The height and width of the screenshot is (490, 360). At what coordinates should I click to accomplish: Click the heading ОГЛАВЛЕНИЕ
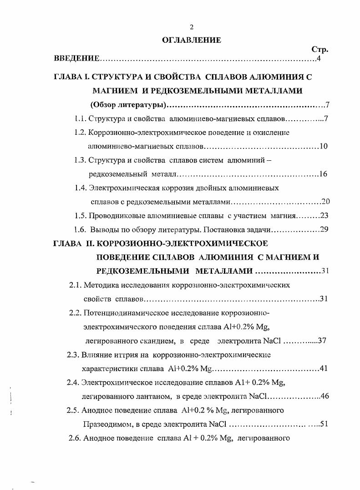coord(192,40)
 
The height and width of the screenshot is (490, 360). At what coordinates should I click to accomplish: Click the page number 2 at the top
coord(192,27)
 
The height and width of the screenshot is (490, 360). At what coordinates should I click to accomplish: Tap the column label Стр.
coord(319,50)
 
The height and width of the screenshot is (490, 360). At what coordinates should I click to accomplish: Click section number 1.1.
coord(81,119)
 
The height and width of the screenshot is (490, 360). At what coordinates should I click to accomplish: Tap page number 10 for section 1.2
coord(324,147)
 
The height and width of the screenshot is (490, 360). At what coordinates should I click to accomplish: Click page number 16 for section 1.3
coord(323,174)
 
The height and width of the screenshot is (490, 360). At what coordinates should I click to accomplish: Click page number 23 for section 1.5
coord(324,216)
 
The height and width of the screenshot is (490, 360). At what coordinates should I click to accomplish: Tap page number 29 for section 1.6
coord(324,230)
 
